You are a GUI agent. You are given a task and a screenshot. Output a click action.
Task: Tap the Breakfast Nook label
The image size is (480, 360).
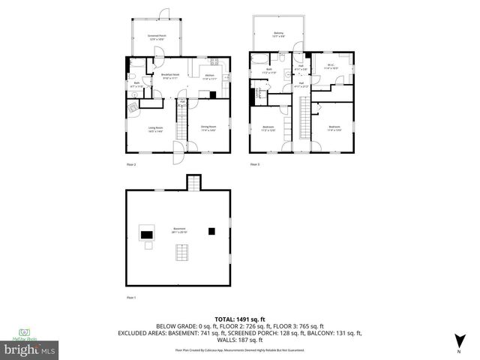tap(170, 76)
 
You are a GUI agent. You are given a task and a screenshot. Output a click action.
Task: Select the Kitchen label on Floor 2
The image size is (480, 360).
tap(210, 76)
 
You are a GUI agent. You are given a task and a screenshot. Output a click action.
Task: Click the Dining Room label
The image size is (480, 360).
tap(208, 128)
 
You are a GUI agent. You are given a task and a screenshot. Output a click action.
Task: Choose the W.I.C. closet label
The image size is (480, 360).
tap(330, 66)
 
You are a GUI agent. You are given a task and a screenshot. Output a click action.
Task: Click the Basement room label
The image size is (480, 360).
tap(178, 230)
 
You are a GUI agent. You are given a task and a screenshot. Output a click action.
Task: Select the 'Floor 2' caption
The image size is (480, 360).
tap(130, 163)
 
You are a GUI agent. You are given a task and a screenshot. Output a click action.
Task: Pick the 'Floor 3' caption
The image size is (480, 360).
tap(255, 163)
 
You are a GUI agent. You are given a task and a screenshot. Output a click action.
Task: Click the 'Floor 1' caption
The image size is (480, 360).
tap(130, 298)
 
